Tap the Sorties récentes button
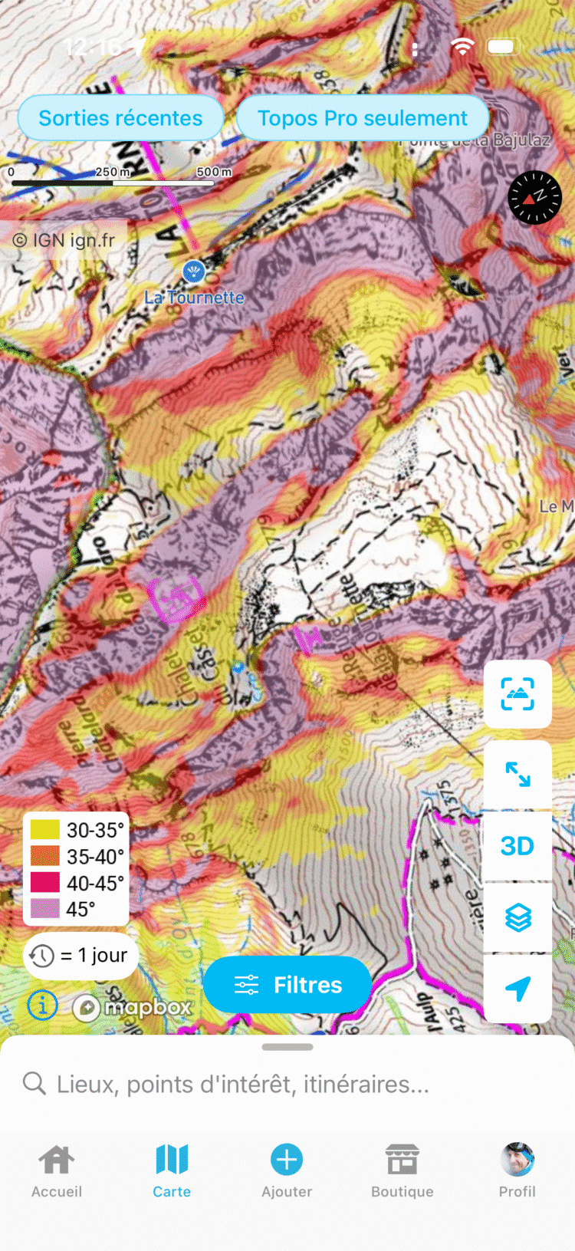click(120, 118)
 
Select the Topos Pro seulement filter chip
click(362, 118)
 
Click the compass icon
click(534, 197)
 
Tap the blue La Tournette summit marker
click(193, 271)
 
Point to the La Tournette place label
click(194, 298)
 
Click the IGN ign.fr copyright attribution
click(64, 240)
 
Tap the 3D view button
click(517, 846)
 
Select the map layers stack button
click(517, 917)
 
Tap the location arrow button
click(517, 988)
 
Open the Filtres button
click(287, 985)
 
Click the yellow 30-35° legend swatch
click(44, 830)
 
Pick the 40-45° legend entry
click(77, 883)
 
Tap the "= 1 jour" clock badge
click(80, 956)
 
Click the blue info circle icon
click(42, 1005)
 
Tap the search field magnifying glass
click(34, 1084)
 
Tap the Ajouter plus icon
click(287, 1160)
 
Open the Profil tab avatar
click(517, 1160)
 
